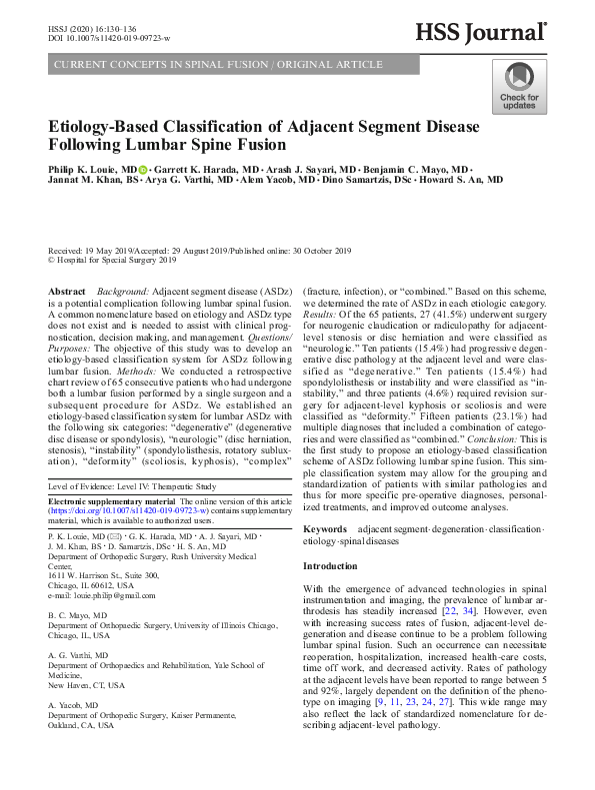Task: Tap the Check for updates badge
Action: (519, 86)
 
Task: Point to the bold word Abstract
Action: (67, 291)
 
